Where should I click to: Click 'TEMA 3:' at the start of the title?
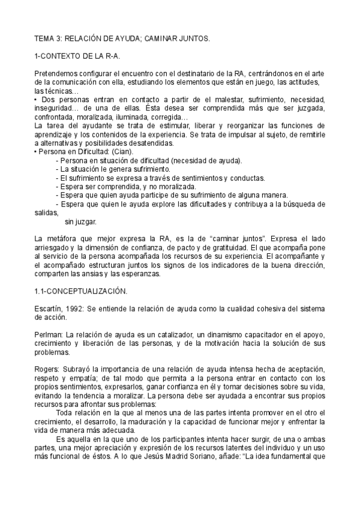[47, 38]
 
